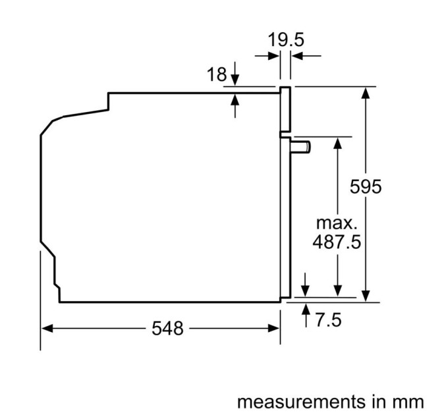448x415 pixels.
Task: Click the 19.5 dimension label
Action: [286, 40]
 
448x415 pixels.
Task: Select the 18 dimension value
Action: [217, 75]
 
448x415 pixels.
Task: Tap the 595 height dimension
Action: [365, 187]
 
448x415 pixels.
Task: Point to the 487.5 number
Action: [337, 242]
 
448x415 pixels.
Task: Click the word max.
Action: [337, 222]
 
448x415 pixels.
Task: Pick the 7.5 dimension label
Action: [327, 321]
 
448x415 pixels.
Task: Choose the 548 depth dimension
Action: [167, 327]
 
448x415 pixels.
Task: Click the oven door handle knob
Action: [302, 146]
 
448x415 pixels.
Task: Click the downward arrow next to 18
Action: [236, 80]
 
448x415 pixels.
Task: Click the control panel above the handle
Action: [285, 109]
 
